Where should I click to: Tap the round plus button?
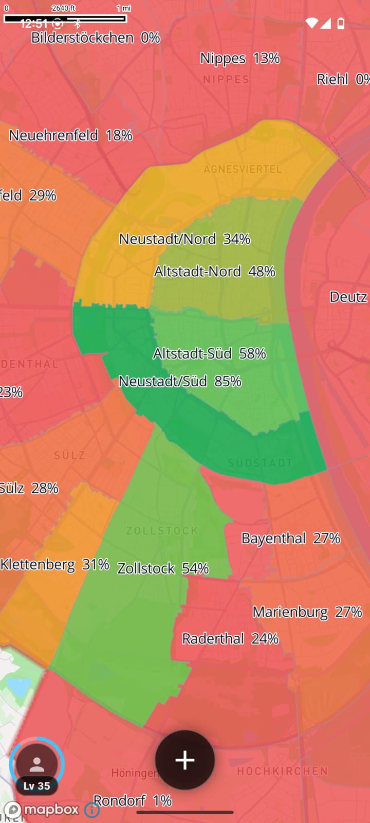click(185, 760)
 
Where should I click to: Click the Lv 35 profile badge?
click(37, 766)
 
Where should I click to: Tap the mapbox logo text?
click(51, 809)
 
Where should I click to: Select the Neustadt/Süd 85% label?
click(180, 381)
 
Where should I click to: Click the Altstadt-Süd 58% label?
click(210, 353)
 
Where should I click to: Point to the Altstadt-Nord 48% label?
click(215, 271)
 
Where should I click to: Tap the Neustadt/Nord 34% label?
click(184, 239)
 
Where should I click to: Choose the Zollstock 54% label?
click(163, 568)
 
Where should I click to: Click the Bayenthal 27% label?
click(291, 539)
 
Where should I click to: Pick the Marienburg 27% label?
click(307, 612)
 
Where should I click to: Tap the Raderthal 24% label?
click(230, 639)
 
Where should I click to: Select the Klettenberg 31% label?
click(54, 564)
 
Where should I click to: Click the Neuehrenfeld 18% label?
click(71, 135)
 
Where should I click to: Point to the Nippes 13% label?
click(240, 59)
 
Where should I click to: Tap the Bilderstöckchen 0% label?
click(96, 38)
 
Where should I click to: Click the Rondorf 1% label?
click(133, 800)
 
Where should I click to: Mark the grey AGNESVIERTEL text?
click(243, 169)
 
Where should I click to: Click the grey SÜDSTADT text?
click(260, 463)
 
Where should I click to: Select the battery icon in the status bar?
click(341, 23)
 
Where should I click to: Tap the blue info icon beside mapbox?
click(92, 810)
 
